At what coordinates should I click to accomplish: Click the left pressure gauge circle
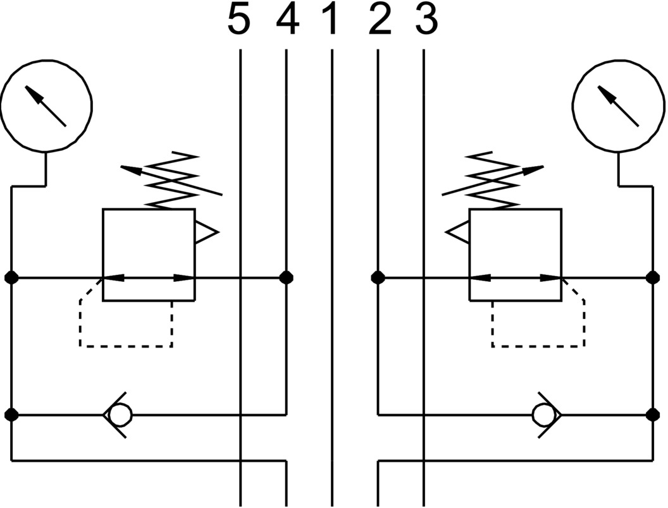[x=46, y=105]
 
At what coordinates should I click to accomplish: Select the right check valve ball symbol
[x=543, y=415]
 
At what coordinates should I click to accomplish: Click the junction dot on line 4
[x=287, y=277]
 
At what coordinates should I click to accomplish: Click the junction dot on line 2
[x=378, y=277]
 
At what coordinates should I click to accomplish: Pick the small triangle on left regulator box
[x=206, y=233]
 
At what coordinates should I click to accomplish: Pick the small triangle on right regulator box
[x=457, y=233]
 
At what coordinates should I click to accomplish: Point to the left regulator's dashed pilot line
[x=127, y=346]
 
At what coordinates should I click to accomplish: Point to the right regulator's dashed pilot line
[x=538, y=346]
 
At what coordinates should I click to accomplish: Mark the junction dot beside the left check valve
[x=11, y=415]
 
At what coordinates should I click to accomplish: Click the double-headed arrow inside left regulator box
[x=149, y=277]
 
